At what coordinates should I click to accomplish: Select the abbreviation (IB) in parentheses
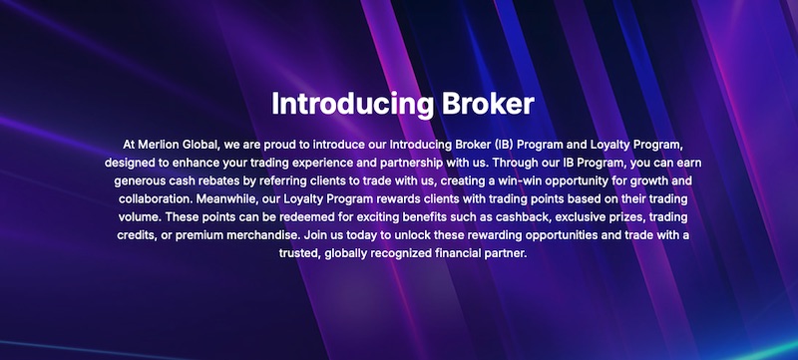(493, 145)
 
